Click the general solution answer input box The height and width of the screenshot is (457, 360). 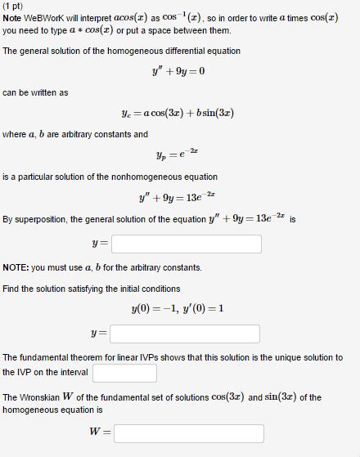(x=186, y=244)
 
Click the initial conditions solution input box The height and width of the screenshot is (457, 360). (x=185, y=334)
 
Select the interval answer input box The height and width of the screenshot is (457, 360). (x=124, y=373)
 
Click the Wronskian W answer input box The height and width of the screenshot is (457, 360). (x=188, y=433)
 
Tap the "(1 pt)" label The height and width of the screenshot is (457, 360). (x=14, y=6)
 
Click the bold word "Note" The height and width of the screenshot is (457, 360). (x=13, y=18)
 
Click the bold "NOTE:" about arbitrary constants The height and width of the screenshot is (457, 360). (x=16, y=267)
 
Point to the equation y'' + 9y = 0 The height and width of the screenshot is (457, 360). (x=178, y=70)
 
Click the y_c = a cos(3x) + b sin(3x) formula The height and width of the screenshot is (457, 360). (x=177, y=113)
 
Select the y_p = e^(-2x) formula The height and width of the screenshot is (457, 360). (x=177, y=153)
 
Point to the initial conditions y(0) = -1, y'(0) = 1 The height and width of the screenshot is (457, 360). (x=178, y=308)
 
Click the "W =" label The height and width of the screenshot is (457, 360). (x=100, y=433)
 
